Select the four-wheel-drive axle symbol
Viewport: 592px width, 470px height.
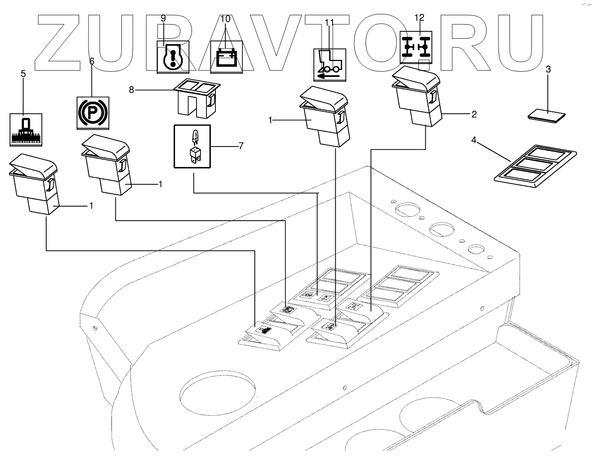point(416,48)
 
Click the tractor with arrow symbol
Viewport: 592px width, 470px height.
point(329,65)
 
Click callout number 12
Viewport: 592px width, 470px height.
point(419,17)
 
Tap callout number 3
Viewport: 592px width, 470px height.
point(548,69)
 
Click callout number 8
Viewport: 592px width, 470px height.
point(132,90)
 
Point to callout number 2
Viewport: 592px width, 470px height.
point(474,115)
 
